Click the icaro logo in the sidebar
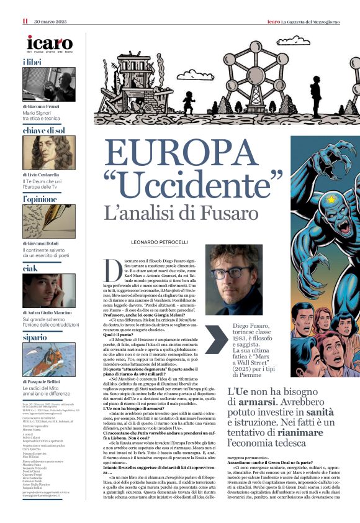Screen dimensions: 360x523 tap(50, 43)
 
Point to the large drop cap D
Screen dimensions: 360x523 tap(114, 268)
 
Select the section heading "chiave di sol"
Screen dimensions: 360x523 tap(43, 130)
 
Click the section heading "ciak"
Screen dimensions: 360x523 tap(31, 268)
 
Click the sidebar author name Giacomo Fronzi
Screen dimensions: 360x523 tap(44, 107)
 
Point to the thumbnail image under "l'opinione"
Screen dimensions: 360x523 tap(50, 222)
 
